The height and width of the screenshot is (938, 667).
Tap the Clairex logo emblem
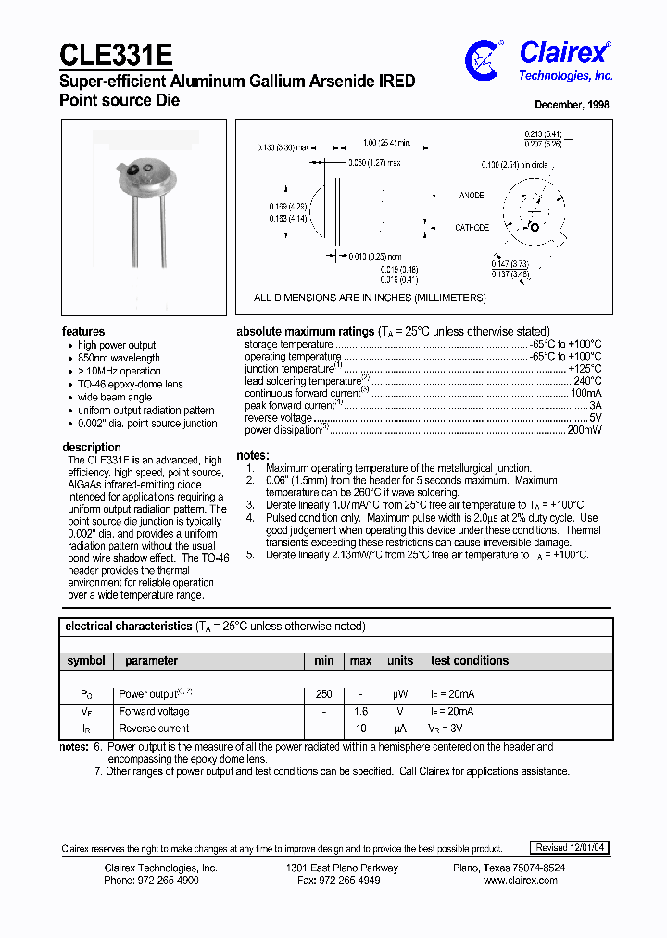pyautogui.click(x=485, y=58)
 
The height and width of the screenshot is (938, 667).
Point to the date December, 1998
pyautogui.click(x=572, y=105)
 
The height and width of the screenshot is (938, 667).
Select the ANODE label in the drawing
pyautogui.click(x=472, y=196)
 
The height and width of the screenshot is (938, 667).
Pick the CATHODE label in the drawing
pyautogui.click(x=472, y=227)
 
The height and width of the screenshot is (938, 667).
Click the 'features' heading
pyautogui.click(x=83, y=332)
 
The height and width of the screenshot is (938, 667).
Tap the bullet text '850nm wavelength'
pyautogui.click(x=119, y=358)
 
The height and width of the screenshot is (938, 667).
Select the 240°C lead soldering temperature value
pyautogui.click(x=587, y=381)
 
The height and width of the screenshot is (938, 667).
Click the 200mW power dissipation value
pyautogui.click(x=584, y=431)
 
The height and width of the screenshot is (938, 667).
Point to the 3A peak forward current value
pyautogui.click(x=595, y=406)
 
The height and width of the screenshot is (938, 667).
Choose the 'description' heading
pyautogui.click(x=92, y=448)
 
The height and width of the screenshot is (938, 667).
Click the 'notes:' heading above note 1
pyautogui.click(x=253, y=456)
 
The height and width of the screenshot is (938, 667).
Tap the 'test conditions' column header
pyautogui.click(x=470, y=661)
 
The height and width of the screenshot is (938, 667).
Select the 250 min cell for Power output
pyautogui.click(x=322, y=694)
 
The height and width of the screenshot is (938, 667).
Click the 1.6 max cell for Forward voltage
pyautogui.click(x=360, y=712)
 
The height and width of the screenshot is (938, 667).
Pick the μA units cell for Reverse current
pyautogui.click(x=400, y=729)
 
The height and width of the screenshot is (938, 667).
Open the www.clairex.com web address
pyautogui.click(x=521, y=881)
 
